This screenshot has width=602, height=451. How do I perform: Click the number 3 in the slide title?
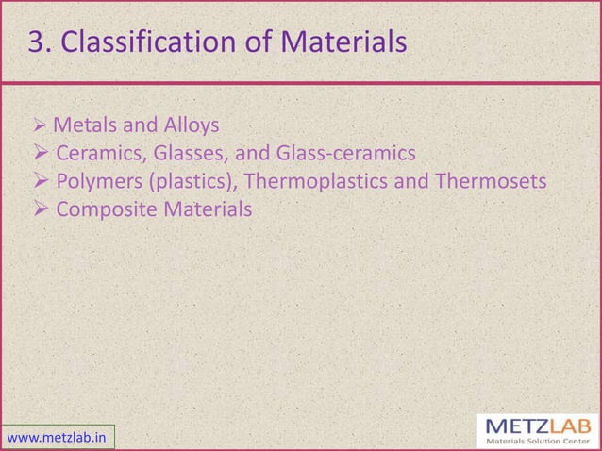pyautogui.click(x=36, y=42)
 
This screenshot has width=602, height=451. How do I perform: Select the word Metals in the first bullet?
pyautogui.click(x=82, y=125)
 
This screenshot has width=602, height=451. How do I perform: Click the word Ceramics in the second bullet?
pyautogui.click(x=97, y=153)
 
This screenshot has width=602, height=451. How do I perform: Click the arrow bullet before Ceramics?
pyautogui.click(x=41, y=153)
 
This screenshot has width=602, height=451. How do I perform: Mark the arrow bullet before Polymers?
pyautogui.click(x=41, y=180)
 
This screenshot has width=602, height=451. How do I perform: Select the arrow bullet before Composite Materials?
pyautogui.click(x=41, y=208)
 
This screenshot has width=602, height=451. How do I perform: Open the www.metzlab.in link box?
pyautogui.click(x=58, y=437)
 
